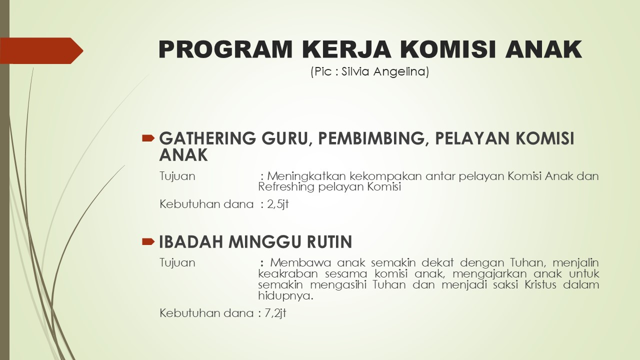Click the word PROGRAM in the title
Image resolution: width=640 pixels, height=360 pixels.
225,49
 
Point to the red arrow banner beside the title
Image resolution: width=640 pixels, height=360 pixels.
41,50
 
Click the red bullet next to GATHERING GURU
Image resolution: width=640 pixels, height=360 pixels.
148,138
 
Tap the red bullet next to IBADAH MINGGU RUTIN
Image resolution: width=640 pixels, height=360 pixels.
148,242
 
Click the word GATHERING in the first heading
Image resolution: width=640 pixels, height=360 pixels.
207,138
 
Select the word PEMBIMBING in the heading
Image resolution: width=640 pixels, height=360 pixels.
371,139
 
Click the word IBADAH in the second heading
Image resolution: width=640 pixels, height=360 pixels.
191,241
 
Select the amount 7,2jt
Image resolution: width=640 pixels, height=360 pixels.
275,313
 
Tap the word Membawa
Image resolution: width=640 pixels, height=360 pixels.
300,262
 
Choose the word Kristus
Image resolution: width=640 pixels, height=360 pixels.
540,285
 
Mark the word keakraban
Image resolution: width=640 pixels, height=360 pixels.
288,273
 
